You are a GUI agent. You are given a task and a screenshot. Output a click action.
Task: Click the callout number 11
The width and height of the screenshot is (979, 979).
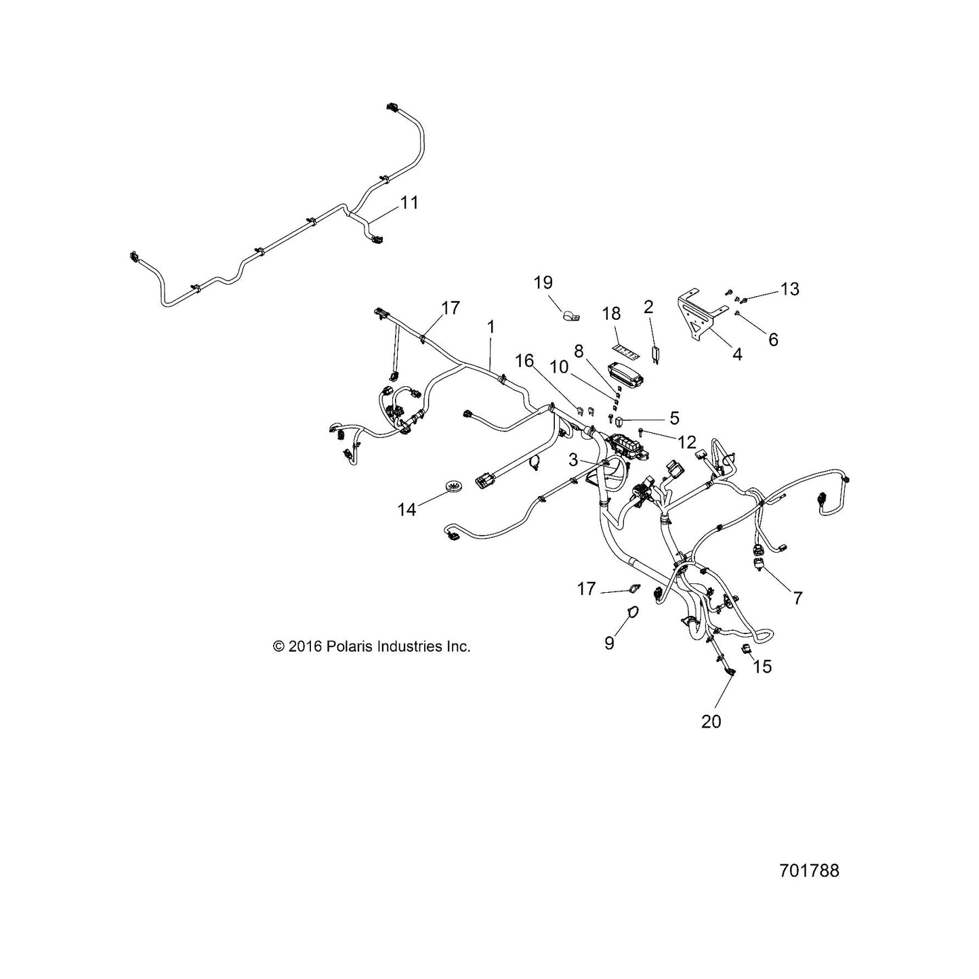coord(409,203)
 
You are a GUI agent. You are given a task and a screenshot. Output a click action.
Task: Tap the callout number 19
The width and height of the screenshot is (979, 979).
coord(543,283)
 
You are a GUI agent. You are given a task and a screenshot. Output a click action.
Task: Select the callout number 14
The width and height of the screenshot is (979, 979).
coord(407,509)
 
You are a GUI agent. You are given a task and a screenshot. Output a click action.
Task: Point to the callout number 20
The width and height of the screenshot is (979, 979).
coord(711,722)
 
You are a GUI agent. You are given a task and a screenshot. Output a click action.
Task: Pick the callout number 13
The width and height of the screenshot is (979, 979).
coord(789,289)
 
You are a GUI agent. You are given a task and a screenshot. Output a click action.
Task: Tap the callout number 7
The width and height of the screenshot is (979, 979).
coord(798,598)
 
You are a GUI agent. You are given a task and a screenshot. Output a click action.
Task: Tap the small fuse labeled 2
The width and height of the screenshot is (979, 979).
coord(655,352)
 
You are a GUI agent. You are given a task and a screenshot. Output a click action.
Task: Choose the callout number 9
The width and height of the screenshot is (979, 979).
coord(609,643)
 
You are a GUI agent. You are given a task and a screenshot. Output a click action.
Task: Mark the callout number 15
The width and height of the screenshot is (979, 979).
coord(762,666)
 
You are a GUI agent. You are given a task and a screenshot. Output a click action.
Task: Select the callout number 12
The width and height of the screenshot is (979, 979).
coord(687,442)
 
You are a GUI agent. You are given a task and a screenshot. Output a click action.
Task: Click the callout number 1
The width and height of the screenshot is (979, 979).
coord(491,327)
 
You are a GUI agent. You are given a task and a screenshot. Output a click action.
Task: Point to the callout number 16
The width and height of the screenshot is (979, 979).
coord(525,360)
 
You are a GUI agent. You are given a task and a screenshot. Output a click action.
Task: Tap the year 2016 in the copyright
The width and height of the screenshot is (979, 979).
coord(305,646)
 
